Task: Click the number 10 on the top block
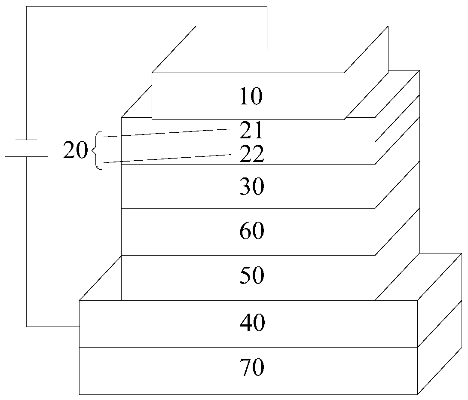click(251, 97)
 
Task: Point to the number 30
click(252, 187)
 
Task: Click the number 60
click(252, 232)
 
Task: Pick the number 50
click(252, 276)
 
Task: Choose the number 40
click(252, 323)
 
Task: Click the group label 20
click(75, 151)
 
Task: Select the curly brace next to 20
click(96, 151)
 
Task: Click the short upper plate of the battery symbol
click(26, 140)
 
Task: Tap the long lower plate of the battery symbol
click(26, 156)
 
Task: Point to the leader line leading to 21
click(168, 132)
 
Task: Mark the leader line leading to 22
click(168, 158)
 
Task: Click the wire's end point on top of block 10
click(267, 49)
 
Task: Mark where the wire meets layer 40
click(80, 327)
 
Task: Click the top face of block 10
click(271, 49)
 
